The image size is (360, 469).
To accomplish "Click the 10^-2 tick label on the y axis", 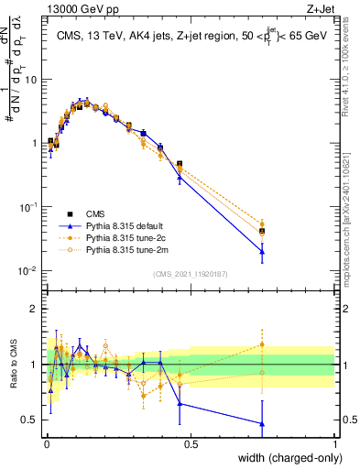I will coord(29,271).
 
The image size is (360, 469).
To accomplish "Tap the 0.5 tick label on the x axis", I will coord(191,444).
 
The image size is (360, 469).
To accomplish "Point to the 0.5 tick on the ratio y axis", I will coord(31,420).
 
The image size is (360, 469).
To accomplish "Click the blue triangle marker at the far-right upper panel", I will coord(262,252).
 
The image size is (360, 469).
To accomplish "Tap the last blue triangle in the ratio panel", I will coord(262,424).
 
